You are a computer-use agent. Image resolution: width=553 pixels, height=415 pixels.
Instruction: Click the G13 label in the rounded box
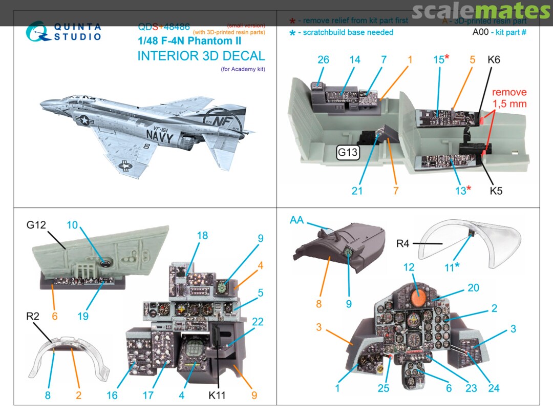click(348, 152)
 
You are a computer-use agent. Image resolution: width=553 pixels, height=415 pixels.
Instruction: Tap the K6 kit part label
click(494, 59)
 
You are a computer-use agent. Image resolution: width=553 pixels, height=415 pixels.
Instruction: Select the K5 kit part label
click(496, 191)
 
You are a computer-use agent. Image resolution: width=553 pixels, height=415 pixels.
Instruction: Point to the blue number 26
click(323, 59)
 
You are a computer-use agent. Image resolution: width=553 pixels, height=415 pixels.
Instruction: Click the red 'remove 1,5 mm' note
click(509, 97)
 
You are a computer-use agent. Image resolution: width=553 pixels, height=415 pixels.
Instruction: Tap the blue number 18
click(202, 235)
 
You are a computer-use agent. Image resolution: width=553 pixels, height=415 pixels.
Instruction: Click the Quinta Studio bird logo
click(37, 32)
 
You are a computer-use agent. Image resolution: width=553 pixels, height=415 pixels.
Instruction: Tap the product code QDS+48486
click(164, 27)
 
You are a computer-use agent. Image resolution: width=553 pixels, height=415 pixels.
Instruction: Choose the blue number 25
click(384, 388)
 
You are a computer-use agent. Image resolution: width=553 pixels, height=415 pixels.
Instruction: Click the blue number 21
click(357, 191)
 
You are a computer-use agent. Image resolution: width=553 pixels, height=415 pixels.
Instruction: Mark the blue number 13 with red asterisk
click(461, 190)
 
